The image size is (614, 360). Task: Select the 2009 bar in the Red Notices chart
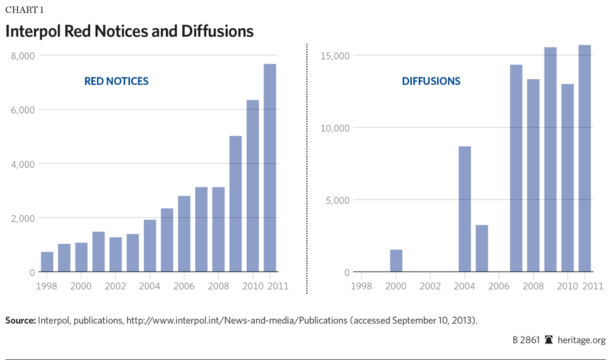[236, 204]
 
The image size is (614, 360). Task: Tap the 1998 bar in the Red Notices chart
[47, 262]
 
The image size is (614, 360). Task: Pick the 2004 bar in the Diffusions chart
[465, 209]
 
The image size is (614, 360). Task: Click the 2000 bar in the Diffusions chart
[396, 260]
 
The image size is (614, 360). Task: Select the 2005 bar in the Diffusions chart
[482, 248]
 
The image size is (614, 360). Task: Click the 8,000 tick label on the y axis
[23, 56]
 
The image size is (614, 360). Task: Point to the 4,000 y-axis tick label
[23, 164]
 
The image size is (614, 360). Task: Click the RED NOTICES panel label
[116, 81]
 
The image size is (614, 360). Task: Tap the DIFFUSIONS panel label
[431, 81]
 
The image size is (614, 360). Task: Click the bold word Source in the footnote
[20, 320]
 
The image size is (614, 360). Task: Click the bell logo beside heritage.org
[549, 340]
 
